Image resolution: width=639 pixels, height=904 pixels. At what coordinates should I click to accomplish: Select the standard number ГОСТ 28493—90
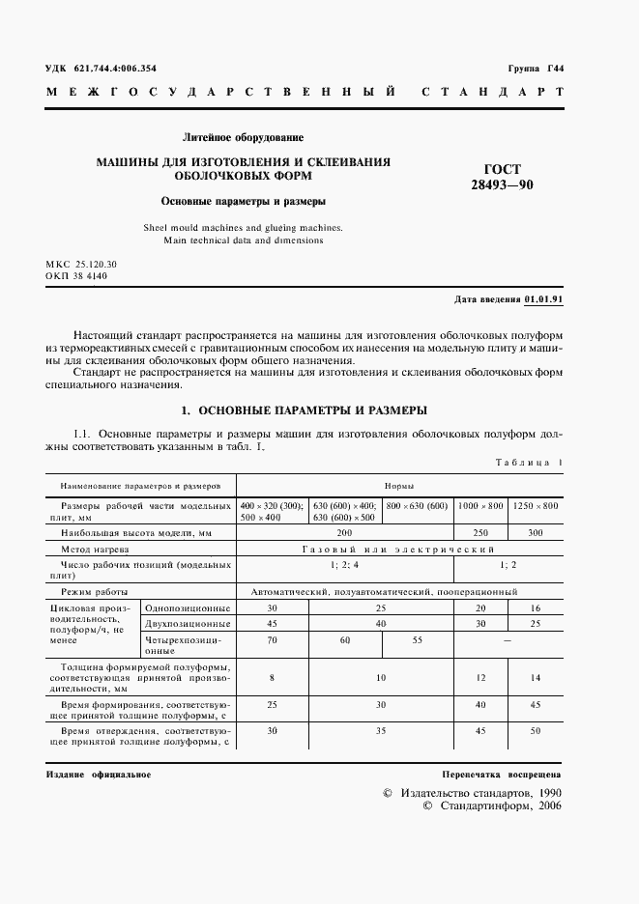click(x=502, y=177)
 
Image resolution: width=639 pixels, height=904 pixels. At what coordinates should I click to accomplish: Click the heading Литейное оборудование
click(x=244, y=137)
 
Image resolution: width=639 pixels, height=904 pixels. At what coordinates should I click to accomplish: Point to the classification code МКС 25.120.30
click(x=81, y=264)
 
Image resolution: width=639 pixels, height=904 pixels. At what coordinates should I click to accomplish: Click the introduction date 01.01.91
click(x=544, y=299)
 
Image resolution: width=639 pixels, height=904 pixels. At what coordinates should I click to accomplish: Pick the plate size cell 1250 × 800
click(x=535, y=506)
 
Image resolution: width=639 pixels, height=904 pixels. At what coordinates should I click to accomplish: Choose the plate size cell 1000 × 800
click(x=480, y=506)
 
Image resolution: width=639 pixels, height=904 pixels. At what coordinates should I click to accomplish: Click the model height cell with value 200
click(x=345, y=532)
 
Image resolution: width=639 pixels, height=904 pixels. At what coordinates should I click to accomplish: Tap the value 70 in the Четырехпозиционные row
click(x=272, y=639)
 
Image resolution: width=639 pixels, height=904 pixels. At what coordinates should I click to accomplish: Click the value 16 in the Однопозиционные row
click(x=536, y=607)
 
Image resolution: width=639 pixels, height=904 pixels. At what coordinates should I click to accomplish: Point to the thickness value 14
click(x=536, y=678)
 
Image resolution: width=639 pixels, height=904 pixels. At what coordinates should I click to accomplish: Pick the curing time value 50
click(x=536, y=732)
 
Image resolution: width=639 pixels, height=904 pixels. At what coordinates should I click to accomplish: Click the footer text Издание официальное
click(x=98, y=776)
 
